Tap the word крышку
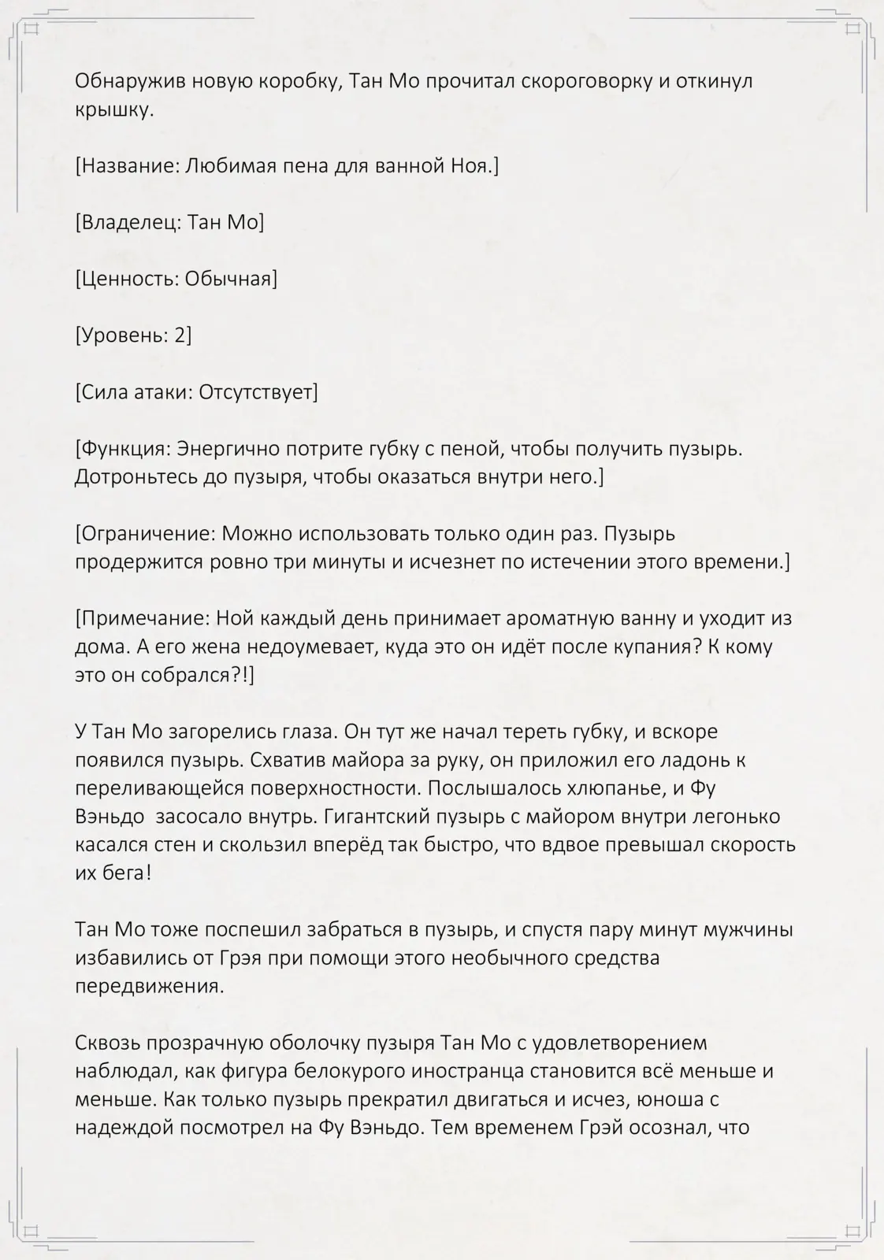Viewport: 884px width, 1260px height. click(x=114, y=109)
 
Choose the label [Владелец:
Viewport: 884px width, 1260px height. click(x=128, y=223)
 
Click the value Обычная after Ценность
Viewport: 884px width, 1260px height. click(x=231, y=279)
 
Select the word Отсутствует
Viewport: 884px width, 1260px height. click(x=258, y=392)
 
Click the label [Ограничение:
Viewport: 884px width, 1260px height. click(x=145, y=534)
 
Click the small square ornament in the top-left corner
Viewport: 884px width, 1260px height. click(x=32, y=30)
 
